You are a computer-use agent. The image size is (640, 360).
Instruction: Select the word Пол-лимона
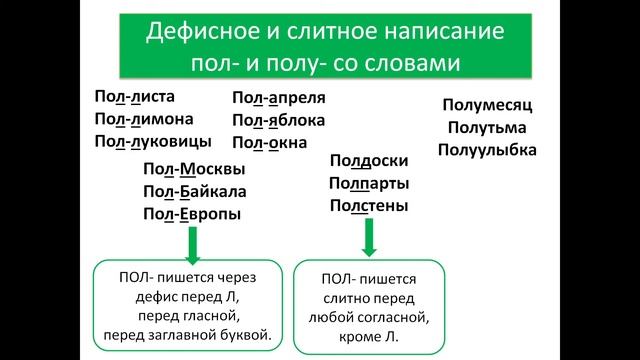coord(140,118)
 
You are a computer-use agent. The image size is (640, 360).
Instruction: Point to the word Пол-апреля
coord(279,99)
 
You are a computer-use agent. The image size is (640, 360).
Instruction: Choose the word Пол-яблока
coord(279,120)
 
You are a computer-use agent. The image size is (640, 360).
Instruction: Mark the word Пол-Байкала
coord(196,191)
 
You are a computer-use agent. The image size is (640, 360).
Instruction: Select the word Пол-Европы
coord(193,213)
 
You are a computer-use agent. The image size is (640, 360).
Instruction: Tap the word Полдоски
coord(368,160)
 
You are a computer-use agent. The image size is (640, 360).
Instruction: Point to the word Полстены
coord(368,205)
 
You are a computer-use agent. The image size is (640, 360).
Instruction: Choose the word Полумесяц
coord(487,106)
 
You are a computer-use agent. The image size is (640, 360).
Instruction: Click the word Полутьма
coord(487,128)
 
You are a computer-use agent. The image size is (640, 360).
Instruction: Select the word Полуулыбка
coord(487,150)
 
